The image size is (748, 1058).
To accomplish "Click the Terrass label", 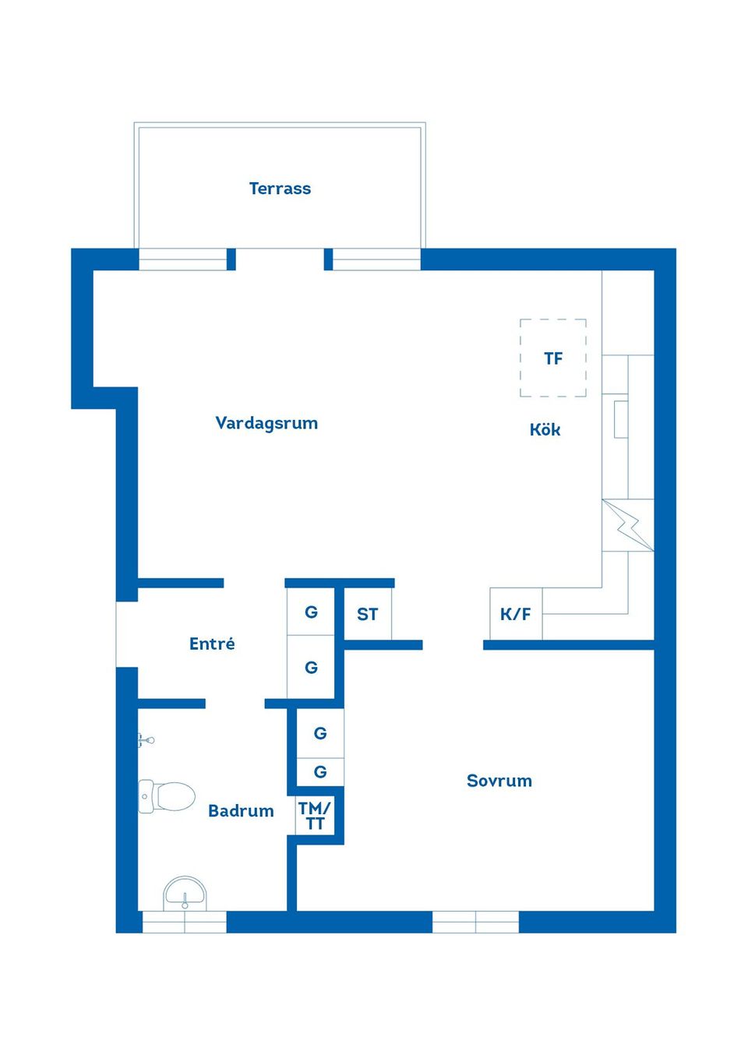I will [280, 189].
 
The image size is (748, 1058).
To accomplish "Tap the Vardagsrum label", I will [266, 423].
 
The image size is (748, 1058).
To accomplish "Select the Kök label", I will [545, 429].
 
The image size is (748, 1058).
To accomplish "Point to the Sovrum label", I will [499, 781].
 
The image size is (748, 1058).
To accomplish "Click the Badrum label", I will [241, 811].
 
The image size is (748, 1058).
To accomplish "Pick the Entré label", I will [212, 644].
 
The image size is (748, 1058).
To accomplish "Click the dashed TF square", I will [553, 358].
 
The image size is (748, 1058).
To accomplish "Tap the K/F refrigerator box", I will [516, 614].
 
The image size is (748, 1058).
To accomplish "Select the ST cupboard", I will [368, 614].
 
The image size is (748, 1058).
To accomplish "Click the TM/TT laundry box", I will [316, 816].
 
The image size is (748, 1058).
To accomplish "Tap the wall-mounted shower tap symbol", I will [146, 740].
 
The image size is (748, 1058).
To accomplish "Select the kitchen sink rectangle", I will [621, 419].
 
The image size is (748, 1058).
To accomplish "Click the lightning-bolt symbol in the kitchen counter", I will [628, 525].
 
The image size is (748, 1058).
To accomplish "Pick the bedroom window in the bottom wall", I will [475, 922].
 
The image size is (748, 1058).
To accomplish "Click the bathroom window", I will [184, 922].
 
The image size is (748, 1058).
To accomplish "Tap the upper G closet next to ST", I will [311, 612].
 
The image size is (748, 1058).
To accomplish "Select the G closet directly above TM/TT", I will [320, 772].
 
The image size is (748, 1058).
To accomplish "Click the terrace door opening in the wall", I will [280, 259].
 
